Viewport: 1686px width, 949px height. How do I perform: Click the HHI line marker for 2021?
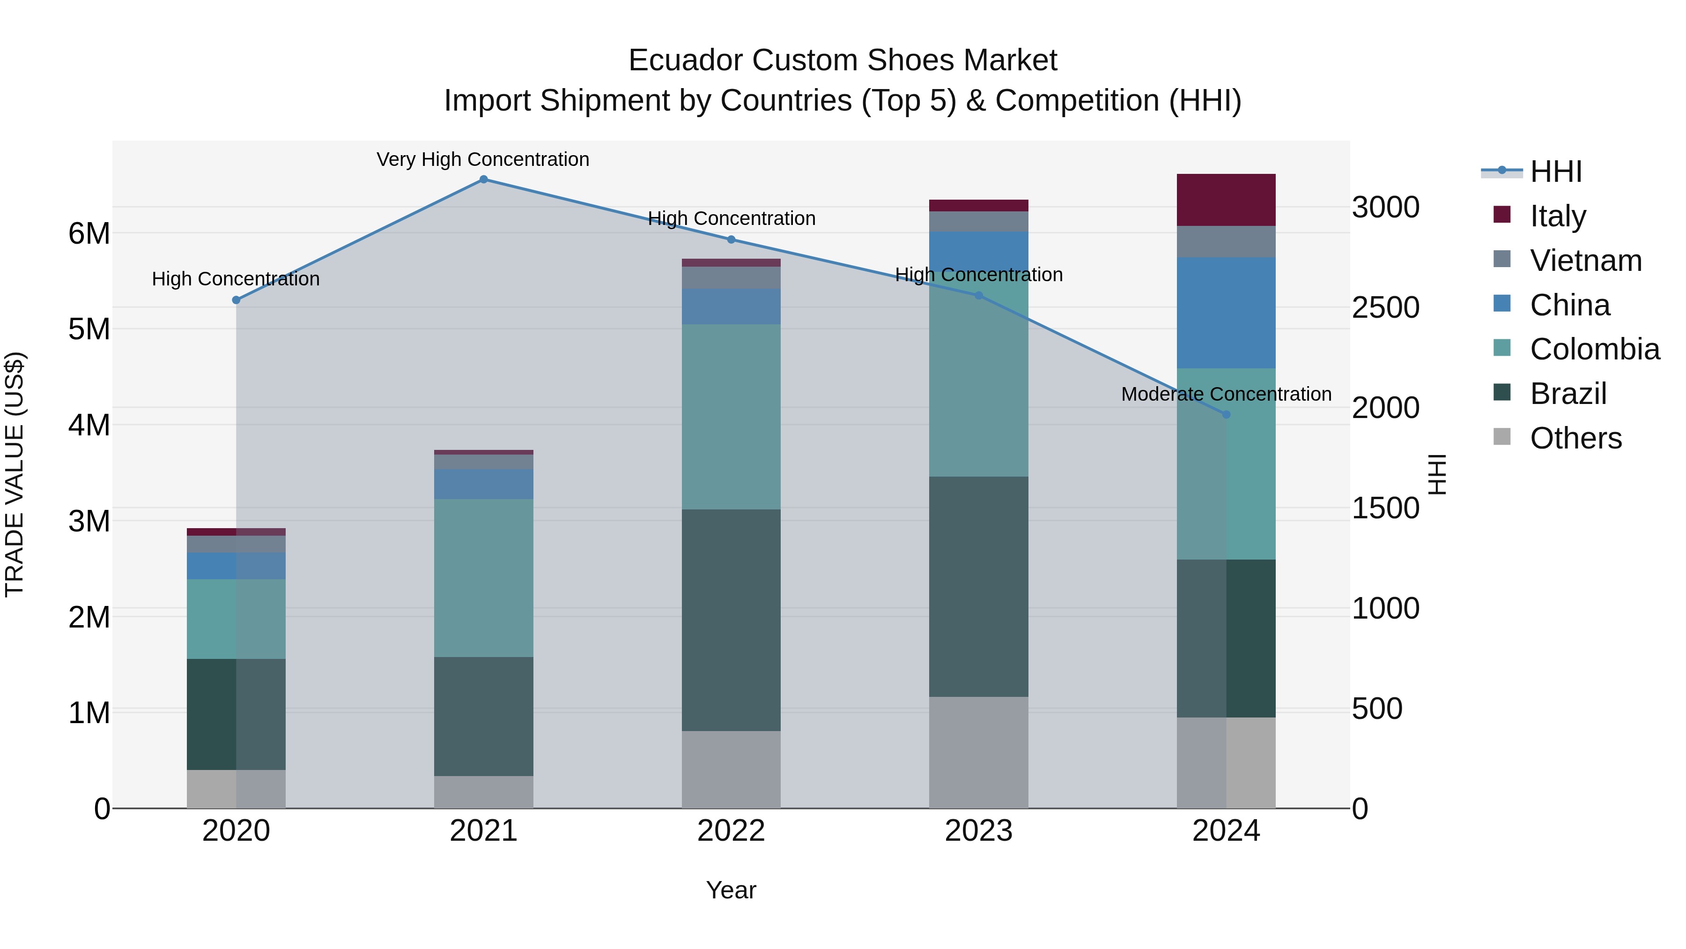coord(484,179)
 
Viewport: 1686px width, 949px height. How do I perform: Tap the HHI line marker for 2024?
coord(1226,415)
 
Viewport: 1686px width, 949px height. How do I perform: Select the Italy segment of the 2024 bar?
coord(1226,200)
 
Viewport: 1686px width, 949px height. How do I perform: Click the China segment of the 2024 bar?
coord(1226,313)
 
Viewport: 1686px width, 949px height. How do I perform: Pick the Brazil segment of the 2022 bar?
coord(731,620)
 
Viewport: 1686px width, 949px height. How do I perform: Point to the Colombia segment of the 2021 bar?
coord(484,578)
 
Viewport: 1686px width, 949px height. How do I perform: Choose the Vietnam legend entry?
coord(1585,261)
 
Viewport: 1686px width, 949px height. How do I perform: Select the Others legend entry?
coord(1575,438)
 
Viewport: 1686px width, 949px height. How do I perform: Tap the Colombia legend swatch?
coord(1502,348)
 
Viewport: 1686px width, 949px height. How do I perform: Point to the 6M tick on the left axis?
coord(89,234)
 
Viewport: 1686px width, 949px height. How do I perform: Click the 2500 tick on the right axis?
coord(1386,308)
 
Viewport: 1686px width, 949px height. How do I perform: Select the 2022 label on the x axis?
coord(731,831)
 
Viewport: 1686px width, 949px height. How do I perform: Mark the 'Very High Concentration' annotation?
coord(483,159)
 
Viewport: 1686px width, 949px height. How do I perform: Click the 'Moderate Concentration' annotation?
coord(1226,394)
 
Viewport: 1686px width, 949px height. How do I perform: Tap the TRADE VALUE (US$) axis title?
coord(15,474)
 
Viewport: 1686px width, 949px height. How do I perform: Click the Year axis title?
coord(731,890)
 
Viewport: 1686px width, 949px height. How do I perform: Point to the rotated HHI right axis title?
coord(1437,474)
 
